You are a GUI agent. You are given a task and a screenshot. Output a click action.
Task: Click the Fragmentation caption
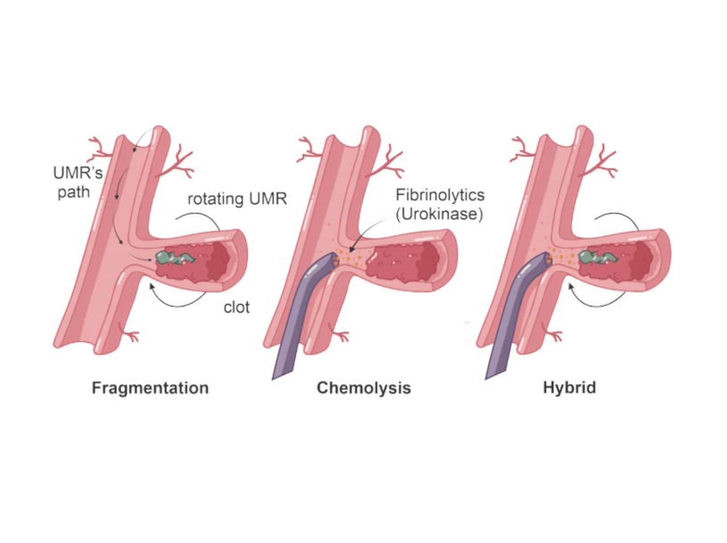(x=150, y=388)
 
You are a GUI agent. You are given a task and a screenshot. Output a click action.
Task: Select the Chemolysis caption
(x=363, y=388)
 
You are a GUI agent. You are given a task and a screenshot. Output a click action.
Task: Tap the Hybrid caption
(x=569, y=388)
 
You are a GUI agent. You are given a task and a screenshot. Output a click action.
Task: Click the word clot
(x=236, y=307)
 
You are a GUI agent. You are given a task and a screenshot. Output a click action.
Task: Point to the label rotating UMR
(x=237, y=199)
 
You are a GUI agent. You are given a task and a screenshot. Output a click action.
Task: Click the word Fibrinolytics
(x=440, y=195)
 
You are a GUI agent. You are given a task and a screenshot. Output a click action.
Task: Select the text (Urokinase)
(x=439, y=214)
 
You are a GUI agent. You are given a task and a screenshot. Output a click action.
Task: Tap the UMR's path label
(x=77, y=182)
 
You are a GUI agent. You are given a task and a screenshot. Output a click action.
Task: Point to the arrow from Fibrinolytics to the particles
(x=367, y=234)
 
